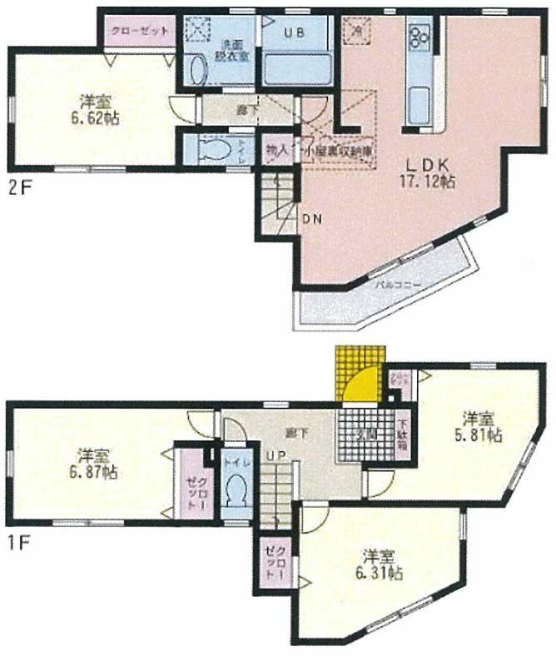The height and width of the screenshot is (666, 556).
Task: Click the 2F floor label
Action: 20,186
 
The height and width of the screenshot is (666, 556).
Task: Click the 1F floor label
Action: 20,544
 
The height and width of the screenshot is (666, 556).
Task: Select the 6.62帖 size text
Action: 99,117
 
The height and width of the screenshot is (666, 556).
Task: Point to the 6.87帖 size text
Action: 97,471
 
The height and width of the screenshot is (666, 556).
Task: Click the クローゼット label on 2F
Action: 138,31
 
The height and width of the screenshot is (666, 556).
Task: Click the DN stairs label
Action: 311,220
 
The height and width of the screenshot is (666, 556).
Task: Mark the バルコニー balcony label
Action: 396,284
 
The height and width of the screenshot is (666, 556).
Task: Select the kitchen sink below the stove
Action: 418,102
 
